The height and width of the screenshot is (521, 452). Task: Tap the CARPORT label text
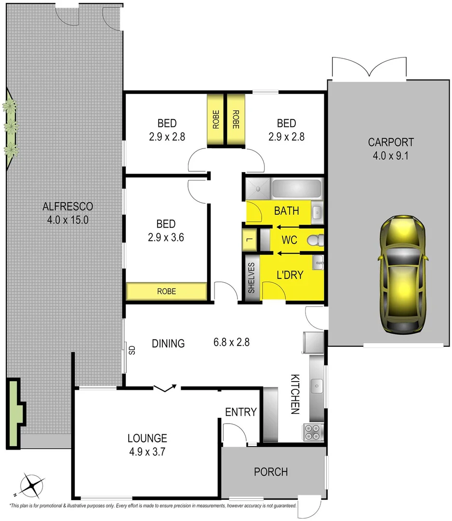390,142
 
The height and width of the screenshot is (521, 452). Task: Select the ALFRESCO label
67,206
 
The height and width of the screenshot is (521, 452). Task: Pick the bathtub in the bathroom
296,189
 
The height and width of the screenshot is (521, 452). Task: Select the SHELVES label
251,278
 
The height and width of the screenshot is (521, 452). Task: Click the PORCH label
271,472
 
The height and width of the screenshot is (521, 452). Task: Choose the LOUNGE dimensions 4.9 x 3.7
147,453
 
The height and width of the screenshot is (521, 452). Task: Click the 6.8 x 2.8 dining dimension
231,343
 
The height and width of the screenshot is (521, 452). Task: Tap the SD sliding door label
132,349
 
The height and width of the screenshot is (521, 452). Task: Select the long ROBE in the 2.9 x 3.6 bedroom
166,291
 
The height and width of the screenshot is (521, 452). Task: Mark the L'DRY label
289,274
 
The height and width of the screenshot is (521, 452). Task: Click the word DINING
168,343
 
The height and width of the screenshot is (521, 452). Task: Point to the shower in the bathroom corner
258,189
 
